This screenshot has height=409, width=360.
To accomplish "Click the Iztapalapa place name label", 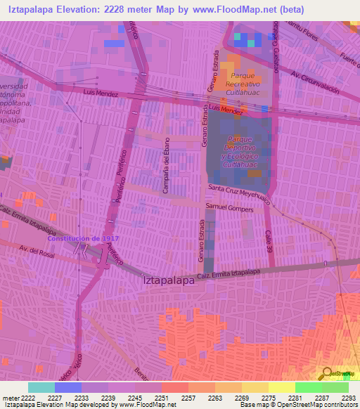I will click(x=168, y=280).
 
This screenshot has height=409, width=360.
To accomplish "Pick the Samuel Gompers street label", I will click(x=229, y=207).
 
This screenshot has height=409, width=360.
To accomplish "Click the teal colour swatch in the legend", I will click(x=41, y=387).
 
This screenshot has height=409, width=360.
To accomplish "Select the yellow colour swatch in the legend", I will click(x=281, y=387).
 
